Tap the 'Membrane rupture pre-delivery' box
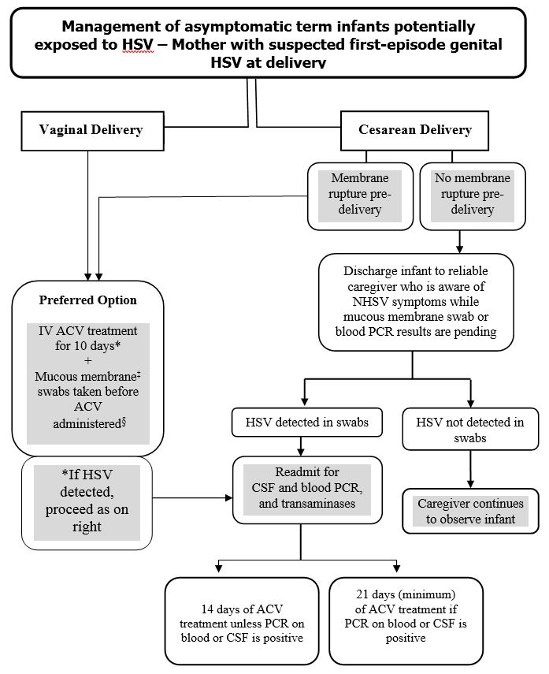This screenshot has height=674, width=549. coord(360,195)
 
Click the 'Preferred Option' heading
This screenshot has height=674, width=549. coord(88,300)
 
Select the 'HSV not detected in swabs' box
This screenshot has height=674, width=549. coord(470,430)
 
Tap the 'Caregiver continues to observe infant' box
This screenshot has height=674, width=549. coord(470,511)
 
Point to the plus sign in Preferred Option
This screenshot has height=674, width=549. coord(87,359)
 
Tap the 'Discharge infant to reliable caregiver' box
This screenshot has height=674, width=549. coord(414,302)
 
